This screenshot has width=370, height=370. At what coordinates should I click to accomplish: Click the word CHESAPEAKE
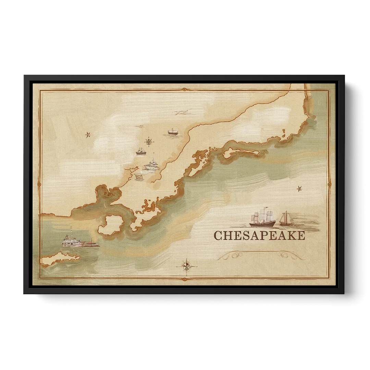[x=259, y=236]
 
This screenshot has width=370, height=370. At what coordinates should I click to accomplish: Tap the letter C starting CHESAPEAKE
[x=218, y=236]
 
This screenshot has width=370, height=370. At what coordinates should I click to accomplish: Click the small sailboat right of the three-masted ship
[x=285, y=220]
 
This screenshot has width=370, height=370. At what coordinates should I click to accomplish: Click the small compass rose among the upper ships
[x=149, y=141]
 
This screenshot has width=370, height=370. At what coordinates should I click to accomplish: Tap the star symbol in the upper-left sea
[x=88, y=135]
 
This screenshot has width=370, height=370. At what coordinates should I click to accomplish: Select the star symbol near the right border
[x=299, y=188]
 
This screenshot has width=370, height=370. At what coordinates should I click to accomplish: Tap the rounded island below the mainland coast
[x=110, y=225]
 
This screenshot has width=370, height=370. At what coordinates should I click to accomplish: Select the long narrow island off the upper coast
[x=240, y=153]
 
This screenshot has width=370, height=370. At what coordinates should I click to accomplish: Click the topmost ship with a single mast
[x=172, y=132]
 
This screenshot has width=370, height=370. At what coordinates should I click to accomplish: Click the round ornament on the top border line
[x=185, y=89]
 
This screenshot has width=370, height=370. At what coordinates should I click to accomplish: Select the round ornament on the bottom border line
[x=185, y=279]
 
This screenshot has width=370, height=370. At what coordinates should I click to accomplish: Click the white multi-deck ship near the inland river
[x=152, y=165]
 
